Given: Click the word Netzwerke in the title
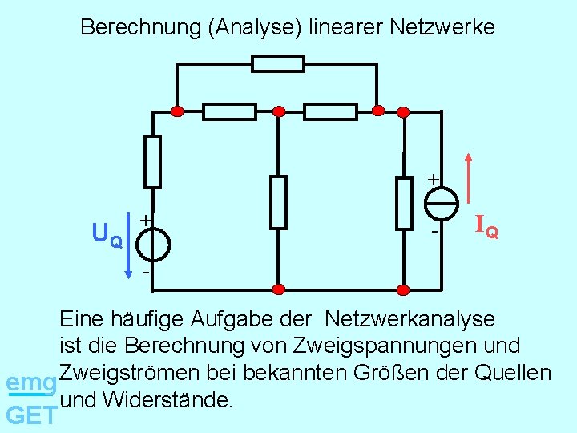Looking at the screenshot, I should (x=442, y=28).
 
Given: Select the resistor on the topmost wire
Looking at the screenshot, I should (x=278, y=63).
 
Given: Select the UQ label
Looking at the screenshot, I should (x=107, y=235).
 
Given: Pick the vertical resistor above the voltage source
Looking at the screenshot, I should (x=152, y=161).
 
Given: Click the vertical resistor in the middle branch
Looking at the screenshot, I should (x=277, y=202).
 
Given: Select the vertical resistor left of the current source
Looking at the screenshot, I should (x=404, y=202).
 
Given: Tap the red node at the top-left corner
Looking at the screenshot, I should (x=179, y=111).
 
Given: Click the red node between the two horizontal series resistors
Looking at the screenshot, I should (x=278, y=111).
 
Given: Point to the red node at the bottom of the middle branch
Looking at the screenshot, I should (x=278, y=289).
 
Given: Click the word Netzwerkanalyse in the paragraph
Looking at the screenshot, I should (x=410, y=319).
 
